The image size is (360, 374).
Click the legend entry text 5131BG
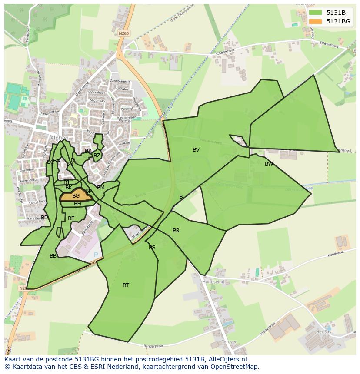(338, 21)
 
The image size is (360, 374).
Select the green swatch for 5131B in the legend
(315, 13)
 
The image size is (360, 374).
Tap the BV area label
(196, 150)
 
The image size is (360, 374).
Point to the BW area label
(269, 164)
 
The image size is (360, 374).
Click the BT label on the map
(126, 285)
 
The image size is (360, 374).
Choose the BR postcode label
(176, 231)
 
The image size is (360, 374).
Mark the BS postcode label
(152, 248)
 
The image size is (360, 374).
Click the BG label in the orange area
(76, 196)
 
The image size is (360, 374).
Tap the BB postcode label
(53, 256)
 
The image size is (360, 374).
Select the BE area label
(71, 218)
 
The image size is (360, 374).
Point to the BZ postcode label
(97, 156)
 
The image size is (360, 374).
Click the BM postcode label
(101, 188)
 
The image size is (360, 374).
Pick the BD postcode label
(44, 218)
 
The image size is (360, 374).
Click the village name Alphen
(59, 138)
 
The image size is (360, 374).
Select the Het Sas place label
(323, 331)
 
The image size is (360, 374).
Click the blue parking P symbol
(96, 254)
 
